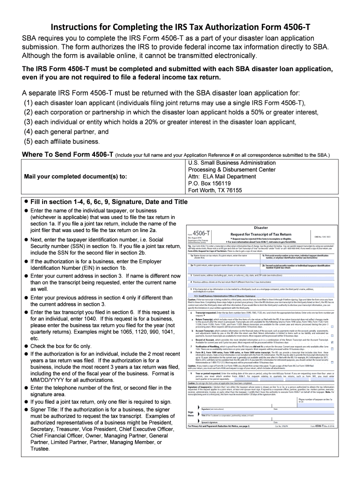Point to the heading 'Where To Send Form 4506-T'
65,155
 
